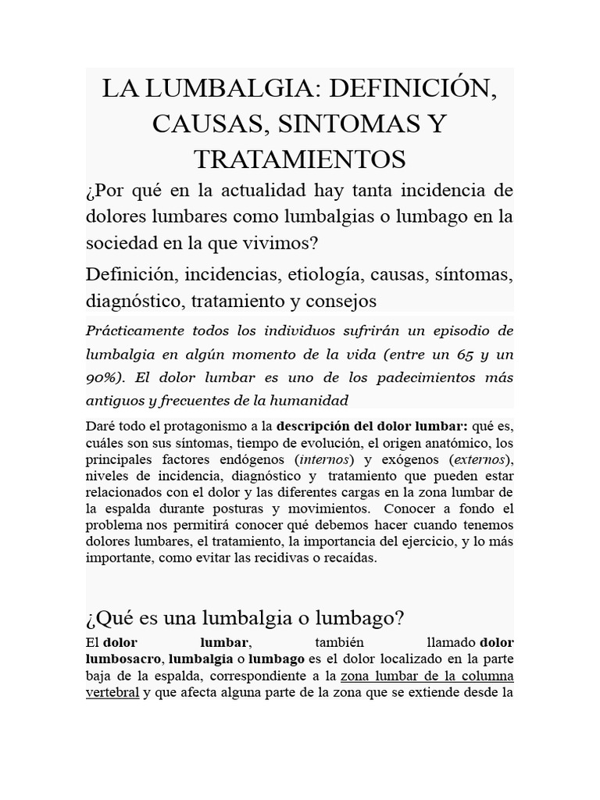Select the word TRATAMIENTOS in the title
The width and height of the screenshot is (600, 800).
coord(299,159)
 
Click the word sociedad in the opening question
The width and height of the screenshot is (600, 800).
coord(117,243)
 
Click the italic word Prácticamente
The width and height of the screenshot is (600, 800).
coord(133,330)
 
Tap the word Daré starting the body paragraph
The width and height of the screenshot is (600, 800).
coord(100,427)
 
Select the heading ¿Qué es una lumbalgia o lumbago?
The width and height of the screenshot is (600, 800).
coord(245,619)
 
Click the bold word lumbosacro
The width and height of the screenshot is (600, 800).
coord(120,657)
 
